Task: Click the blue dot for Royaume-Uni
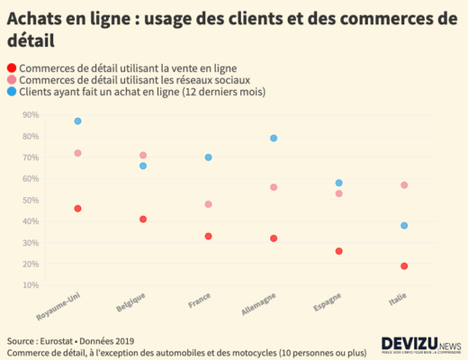[x=78, y=121]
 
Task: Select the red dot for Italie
[x=404, y=265]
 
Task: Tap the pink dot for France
[x=208, y=204]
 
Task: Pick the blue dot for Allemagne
[x=274, y=138]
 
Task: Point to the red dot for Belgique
[x=143, y=219]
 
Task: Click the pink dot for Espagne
[x=338, y=193]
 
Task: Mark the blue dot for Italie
[x=404, y=225]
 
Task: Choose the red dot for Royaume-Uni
[x=78, y=208]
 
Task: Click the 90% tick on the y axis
[x=31, y=114]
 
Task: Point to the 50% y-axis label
[x=31, y=200]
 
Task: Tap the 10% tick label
[x=31, y=285]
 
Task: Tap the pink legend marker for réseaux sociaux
[x=11, y=80]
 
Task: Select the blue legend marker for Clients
[x=11, y=92]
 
